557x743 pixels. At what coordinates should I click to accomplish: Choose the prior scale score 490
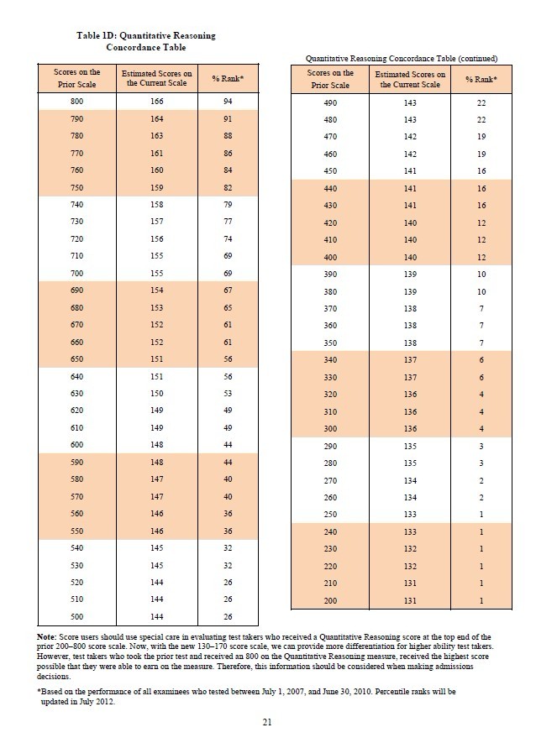[x=329, y=102]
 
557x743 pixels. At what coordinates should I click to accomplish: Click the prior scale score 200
[x=329, y=601]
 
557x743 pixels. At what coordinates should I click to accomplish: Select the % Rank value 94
[x=227, y=102]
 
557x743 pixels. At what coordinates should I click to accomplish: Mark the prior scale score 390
[x=329, y=275]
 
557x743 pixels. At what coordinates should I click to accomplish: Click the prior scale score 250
[x=329, y=515]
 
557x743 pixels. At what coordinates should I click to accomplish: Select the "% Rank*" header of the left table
[x=227, y=78]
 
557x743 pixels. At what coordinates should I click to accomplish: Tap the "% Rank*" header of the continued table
[x=481, y=79]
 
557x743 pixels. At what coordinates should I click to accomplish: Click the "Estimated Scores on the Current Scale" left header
[x=157, y=78]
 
